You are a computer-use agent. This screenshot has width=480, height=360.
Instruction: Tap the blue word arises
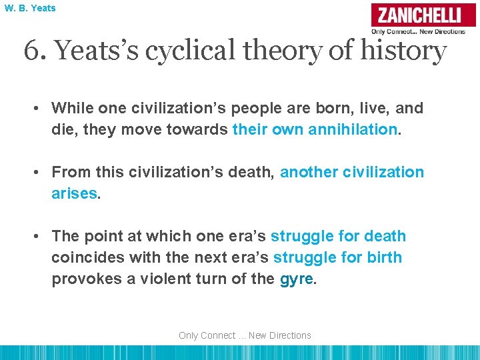tap(73, 193)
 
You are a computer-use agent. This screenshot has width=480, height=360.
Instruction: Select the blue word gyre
tap(295, 279)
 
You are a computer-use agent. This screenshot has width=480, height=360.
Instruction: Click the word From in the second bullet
tap(70, 172)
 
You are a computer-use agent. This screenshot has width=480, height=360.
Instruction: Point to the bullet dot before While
tap(41, 108)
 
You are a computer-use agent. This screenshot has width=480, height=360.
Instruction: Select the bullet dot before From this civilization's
tap(41, 172)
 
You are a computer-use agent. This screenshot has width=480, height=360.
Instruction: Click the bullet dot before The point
tap(41, 236)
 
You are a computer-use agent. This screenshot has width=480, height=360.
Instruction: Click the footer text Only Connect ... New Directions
tap(245, 335)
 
